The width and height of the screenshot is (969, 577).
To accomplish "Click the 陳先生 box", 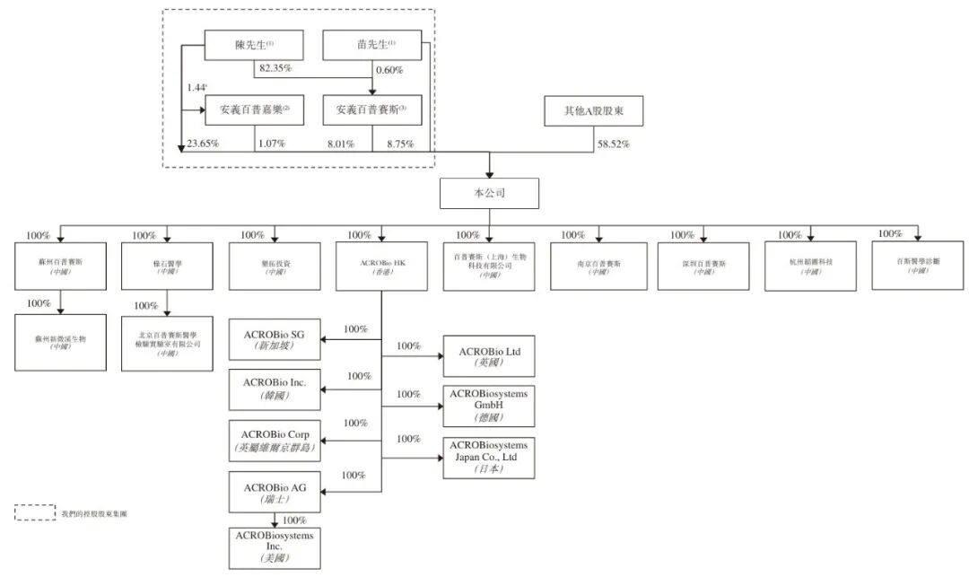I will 255,45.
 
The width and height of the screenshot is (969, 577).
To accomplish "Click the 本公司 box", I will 489,193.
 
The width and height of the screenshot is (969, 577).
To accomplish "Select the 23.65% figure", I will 204,143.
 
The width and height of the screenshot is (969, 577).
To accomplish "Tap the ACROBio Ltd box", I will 489,355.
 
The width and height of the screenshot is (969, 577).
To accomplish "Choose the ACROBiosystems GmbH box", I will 489,406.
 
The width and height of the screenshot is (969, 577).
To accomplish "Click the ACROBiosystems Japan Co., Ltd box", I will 489,457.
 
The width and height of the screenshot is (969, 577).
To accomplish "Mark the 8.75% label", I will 400,143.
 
